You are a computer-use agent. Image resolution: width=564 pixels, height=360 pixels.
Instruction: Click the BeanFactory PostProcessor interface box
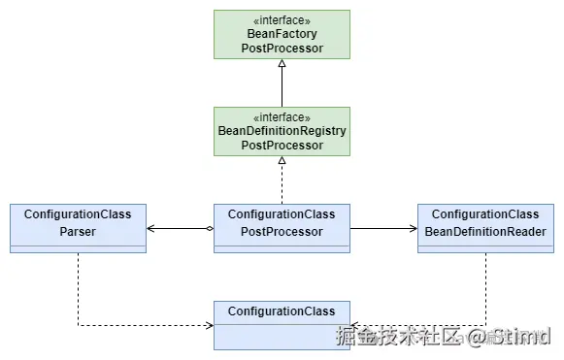[x=282, y=34]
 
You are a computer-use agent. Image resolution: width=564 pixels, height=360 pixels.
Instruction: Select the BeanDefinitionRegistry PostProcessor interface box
[x=282, y=131]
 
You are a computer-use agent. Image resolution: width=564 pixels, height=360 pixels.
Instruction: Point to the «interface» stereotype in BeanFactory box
[x=282, y=20]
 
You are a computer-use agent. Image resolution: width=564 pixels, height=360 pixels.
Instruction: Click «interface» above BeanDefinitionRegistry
[x=282, y=116]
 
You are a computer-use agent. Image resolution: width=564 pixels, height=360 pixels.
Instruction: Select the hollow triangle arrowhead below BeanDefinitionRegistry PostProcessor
[x=282, y=161]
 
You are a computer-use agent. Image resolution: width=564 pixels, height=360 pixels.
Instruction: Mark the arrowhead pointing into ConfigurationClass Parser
[x=151, y=228]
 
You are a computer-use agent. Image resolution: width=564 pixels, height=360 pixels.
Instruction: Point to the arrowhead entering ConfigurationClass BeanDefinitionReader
[x=412, y=228]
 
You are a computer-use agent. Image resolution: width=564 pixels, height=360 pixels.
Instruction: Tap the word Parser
[x=78, y=232]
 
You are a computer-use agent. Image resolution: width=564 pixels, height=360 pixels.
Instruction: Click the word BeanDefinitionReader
[x=485, y=232]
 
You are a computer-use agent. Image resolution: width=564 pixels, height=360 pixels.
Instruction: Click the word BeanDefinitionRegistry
[x=282, y=131]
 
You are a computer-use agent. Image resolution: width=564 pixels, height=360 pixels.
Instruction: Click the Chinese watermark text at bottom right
[x=398, y=337]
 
